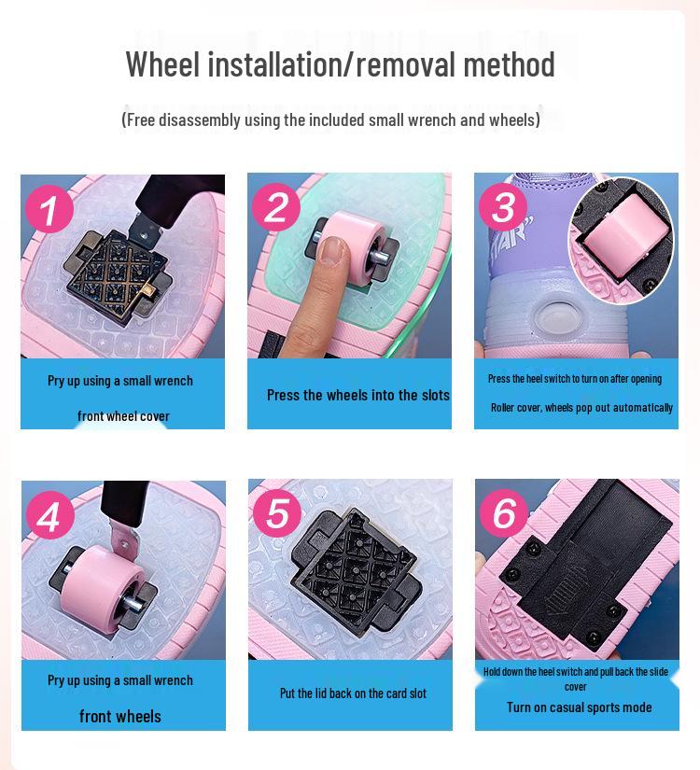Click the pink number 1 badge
(49, 208)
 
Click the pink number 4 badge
(49, 515)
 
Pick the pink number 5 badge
(276, 512)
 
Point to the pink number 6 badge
(503, 512)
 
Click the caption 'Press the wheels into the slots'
(357, 395)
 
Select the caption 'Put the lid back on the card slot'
(353, 693)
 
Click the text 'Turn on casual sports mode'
(579, 707)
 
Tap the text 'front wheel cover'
(123, 416)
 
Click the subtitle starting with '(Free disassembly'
(330, 119)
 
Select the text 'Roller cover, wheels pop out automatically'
(581, 408)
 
